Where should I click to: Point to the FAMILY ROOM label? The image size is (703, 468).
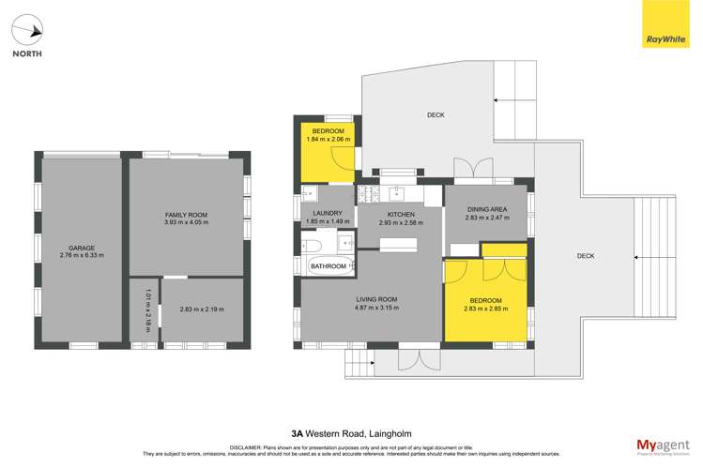[x=186, y=215]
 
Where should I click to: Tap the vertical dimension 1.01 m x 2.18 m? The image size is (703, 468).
[x=147, y=309]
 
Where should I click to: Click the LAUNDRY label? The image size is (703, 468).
[x=328, y=213]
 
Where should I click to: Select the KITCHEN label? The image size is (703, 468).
[x=401, y=215]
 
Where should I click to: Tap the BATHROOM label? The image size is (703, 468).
[x=329, y=266]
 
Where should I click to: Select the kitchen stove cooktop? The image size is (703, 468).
[x=367, y=195]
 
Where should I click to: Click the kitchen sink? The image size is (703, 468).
[x=398, y=194]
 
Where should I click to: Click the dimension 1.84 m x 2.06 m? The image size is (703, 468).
[x=328, y=140]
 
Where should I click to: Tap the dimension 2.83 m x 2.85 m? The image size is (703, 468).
[x=485, y=308]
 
